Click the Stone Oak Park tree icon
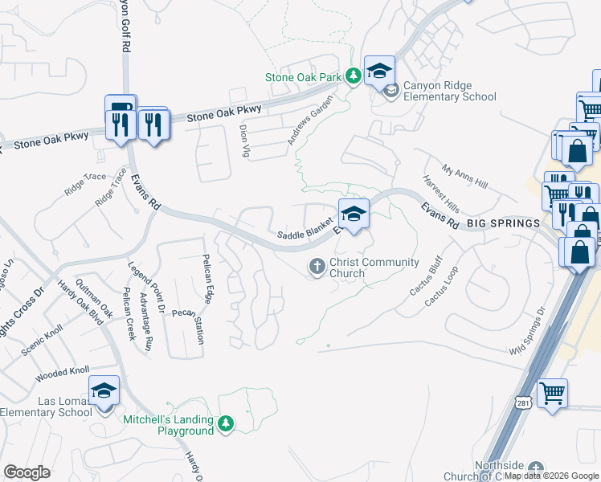tap(352, 77)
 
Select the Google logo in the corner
tap(27, 472)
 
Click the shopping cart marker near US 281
tap(552, 394)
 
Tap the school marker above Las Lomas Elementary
tap(104, 390)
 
